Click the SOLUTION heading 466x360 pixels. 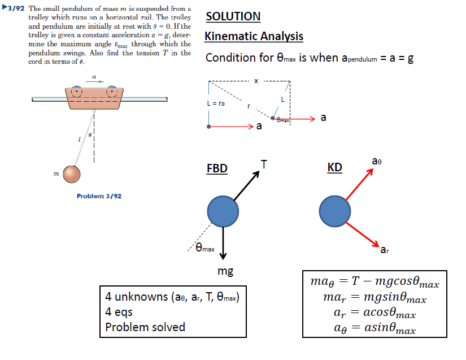click(233, 16)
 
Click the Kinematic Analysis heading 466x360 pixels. click(254, 37)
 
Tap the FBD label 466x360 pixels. click(217, 169)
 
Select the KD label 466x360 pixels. click(334, 168)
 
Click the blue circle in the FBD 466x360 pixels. click(224, 211)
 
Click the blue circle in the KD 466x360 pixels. click(334, 211)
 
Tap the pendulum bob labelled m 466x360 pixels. click(72, 175)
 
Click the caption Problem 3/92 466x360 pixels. click(99, 196)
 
